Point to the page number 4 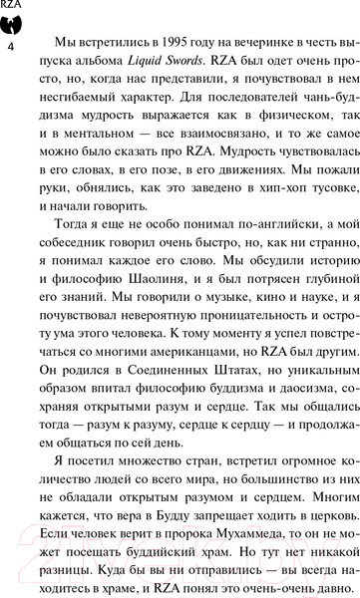click(12, 48)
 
